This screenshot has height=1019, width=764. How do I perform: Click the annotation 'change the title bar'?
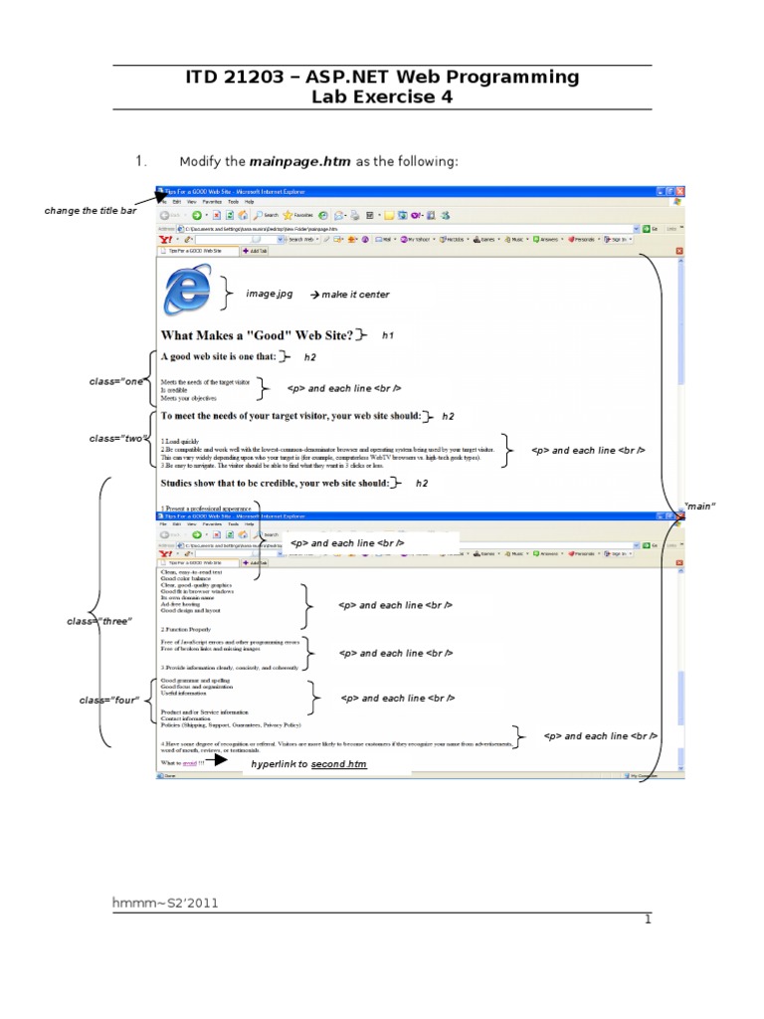click(91, 211)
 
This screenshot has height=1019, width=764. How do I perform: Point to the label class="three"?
click(99, 622)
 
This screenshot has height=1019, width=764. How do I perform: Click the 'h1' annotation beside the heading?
click(388, 336)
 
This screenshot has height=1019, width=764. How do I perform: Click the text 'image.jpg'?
click(270, 295)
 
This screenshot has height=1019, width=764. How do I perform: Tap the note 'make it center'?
click(349, 295)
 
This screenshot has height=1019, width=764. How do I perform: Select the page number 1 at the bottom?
click(647, 919)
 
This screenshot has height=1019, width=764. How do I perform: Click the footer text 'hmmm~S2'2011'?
click(165, 903)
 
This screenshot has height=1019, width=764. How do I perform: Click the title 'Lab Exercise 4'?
click(382, 98)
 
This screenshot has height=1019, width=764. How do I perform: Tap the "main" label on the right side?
click(700, 507)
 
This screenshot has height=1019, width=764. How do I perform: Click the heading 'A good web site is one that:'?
click(218, 357)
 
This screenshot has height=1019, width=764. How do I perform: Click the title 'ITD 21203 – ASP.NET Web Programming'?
click(382, 78)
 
